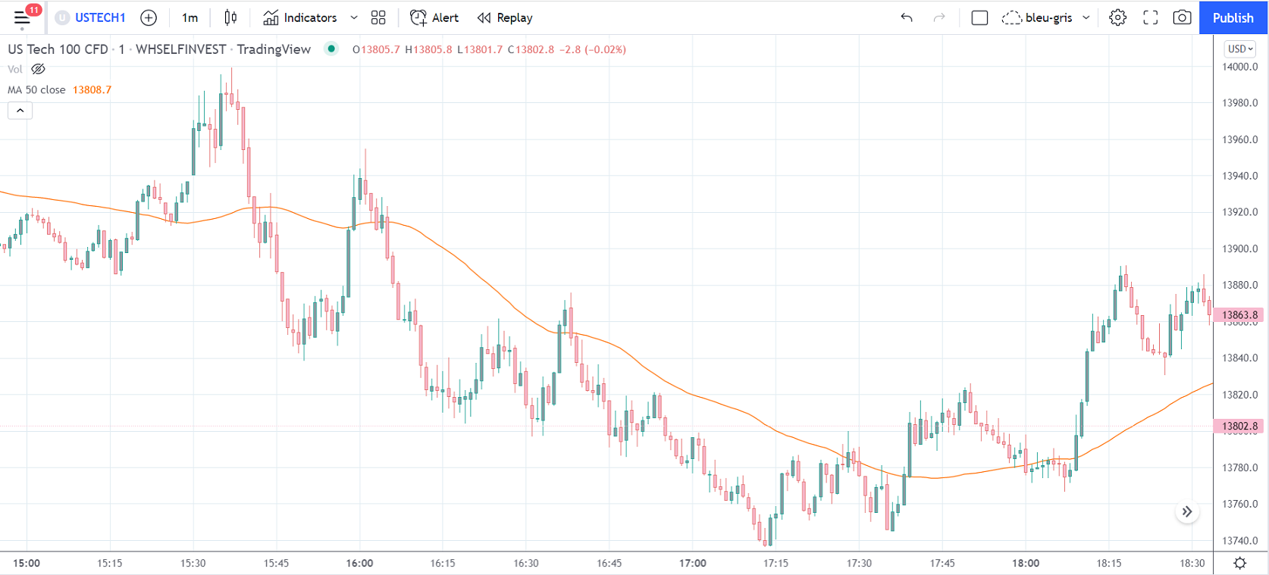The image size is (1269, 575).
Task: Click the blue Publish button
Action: click(x=1233, y=17)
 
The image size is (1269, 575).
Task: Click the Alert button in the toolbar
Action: click(x=434, y=17)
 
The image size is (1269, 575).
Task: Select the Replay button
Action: click(x=505, y=17)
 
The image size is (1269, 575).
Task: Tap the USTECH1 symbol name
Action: click(x=99, y=17)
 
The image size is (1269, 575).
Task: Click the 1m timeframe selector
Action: click(x=190, y=17)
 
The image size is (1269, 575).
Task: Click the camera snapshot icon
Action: click(x=1182, y=17)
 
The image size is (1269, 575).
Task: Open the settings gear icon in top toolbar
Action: click(x=1117, y=17)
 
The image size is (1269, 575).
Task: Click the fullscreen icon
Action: click(x=1150, y=17)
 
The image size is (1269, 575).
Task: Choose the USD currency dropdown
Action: click(x=1240, y=48)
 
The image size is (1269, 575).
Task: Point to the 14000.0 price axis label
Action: click(x=1239, y=67)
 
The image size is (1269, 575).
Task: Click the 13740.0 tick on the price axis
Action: click(x=1239, y=541)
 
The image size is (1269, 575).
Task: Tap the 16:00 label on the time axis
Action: click(x=359, y=563)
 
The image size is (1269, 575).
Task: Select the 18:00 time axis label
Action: click(x=1026, y=563)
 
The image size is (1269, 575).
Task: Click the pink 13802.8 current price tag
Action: click(x=1239, y=426)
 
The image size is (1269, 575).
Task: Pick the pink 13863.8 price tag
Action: click(x=1239, y=314)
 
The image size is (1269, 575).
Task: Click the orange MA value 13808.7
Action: click(x=92, y=89)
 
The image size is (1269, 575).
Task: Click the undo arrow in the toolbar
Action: click(x=907, y=17)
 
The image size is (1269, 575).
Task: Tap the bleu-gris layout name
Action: click(x=1048, y=17)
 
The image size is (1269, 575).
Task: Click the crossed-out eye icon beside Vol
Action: click(x=38, y=69)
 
